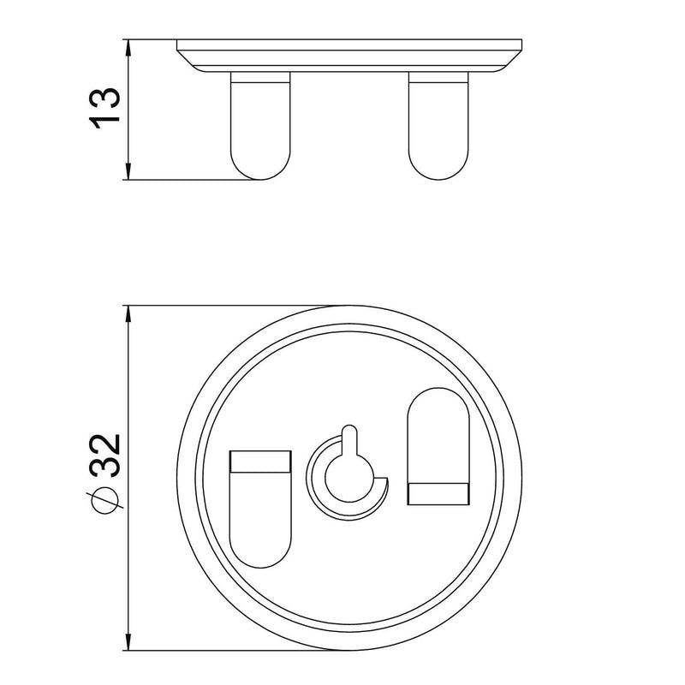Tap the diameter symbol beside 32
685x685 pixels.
coord(104,500)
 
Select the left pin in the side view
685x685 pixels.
coord(260,126)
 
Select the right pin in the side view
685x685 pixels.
coord(438,126)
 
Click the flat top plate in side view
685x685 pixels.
coord(349,56)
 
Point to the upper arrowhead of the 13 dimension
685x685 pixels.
coord(128,48)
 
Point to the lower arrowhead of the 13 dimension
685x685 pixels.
coord(128,171)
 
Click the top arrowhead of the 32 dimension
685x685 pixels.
coord(128,314)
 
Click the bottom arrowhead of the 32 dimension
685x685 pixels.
coord(128,641)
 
